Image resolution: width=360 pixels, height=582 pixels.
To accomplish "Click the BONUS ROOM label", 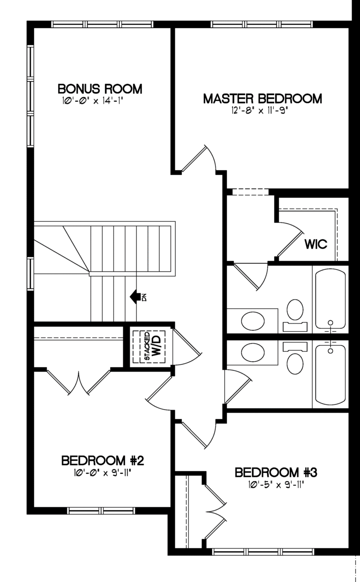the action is [100, 89].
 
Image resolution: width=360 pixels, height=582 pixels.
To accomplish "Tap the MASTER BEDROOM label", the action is [262, 99].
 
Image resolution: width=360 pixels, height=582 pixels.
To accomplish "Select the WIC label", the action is [316, 244].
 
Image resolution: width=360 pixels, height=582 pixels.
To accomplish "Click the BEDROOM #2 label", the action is [103, 461].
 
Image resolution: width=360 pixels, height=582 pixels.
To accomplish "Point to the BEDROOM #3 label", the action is [276, 472].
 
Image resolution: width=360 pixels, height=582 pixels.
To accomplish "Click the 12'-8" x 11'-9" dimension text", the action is [259, 111].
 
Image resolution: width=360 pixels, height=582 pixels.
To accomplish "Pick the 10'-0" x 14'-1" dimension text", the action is [92, 101].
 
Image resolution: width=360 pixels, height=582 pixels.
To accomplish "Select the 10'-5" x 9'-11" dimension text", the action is [276, 485].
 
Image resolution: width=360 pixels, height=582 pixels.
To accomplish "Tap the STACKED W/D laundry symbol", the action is [149, 347].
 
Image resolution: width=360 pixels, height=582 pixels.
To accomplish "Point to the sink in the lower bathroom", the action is [253, 353].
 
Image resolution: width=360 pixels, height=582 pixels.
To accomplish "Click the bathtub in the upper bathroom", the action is [330, 299].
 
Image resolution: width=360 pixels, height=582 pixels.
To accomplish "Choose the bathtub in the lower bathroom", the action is [330, 374].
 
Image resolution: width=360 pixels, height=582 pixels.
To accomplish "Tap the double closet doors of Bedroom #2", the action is [79, 381].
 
